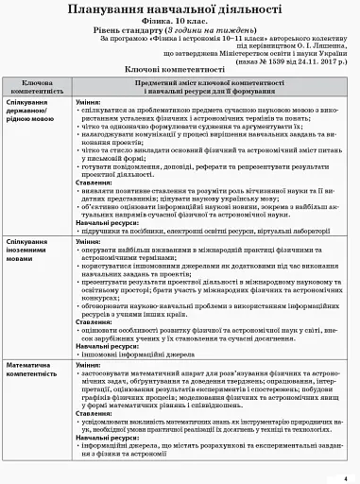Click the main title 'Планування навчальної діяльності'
(180, 10)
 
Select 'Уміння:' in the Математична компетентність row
(90, 363)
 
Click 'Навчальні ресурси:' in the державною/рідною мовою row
(106, 222)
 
